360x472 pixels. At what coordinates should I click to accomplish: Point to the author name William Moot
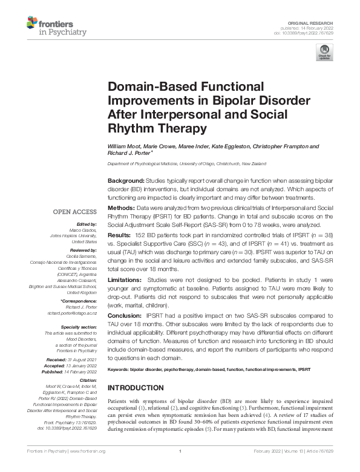pyautogui.click(x=123, y=146)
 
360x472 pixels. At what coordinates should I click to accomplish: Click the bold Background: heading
pyautogui.click(x=126, y=181)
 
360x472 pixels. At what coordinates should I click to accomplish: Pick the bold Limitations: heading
pyautogui.click(x=126, y=281)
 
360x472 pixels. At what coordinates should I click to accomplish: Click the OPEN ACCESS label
pyautogui.click(x=75, y=212)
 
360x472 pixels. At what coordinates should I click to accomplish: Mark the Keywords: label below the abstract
pyautogui.click(x=120, y=368)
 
